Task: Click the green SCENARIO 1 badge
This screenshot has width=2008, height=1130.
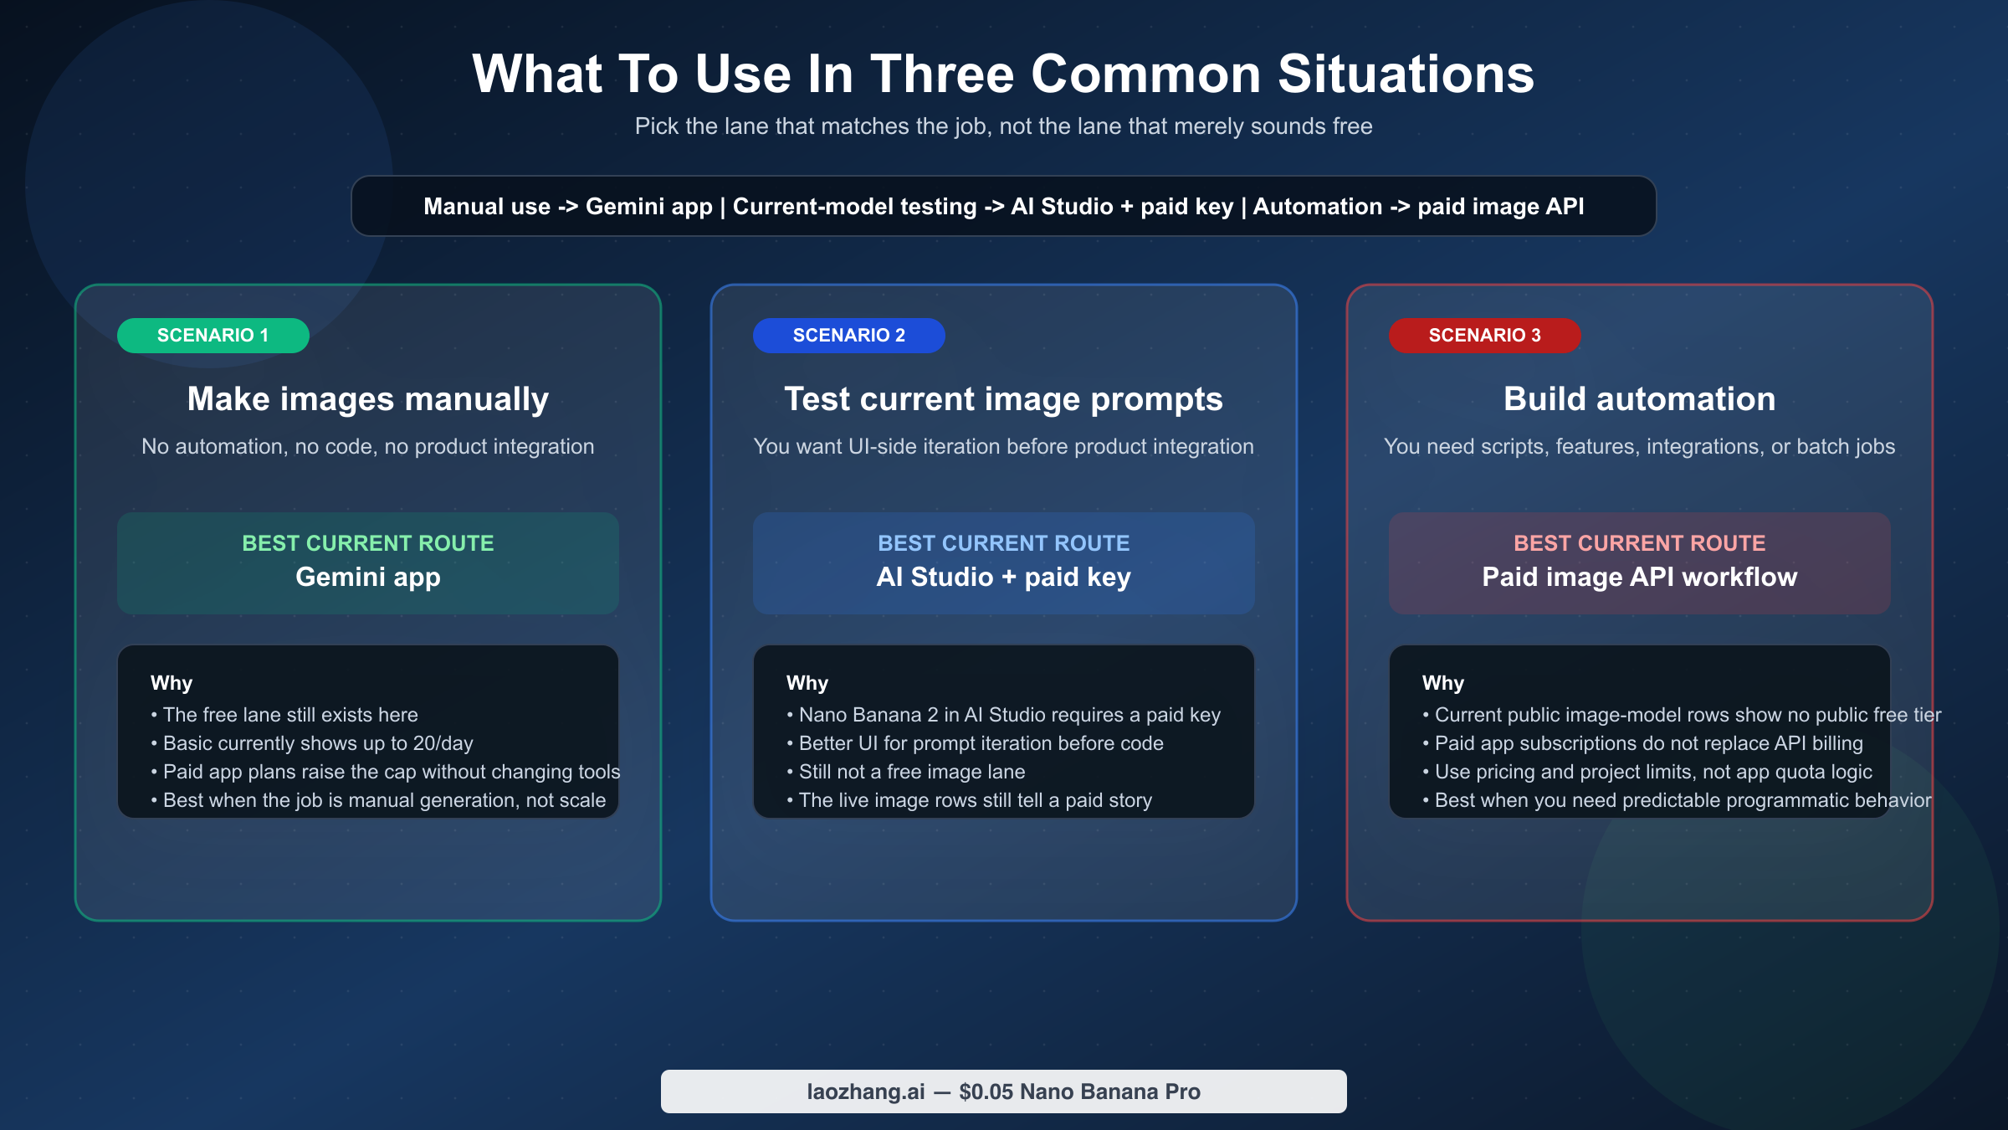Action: [x=213, y=335]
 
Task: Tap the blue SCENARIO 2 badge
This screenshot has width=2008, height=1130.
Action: [x=848, y=335]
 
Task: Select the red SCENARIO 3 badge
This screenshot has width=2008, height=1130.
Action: [x=1484, y=335]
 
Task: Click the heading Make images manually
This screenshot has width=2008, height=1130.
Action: [x=368, y=398]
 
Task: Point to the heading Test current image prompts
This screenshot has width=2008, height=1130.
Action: [x=1003, y=398]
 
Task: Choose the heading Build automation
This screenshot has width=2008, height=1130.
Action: [x=1639, y=398]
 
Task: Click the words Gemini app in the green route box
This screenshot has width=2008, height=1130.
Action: [x=368, y=577]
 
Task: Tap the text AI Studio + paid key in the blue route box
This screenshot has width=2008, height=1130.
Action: [x=1003, y=577]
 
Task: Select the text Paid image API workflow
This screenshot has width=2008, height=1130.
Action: [x=1639, y=577]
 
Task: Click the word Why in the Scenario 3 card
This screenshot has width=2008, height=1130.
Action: [x=1442, y=683]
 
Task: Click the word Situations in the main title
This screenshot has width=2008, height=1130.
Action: [x=1406, y=74]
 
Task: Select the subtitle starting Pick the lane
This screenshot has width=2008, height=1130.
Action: [x=1003, y=126]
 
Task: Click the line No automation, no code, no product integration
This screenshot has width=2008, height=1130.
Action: [x=368, y=446]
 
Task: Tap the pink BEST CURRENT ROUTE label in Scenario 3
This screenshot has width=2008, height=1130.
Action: [x=1639, y=543]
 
